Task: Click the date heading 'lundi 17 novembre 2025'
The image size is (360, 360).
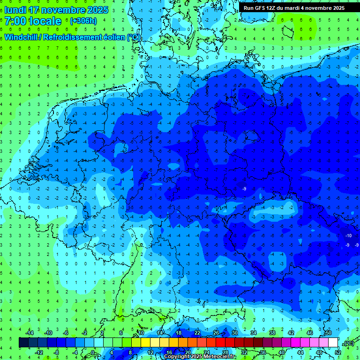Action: [x=56, y=10]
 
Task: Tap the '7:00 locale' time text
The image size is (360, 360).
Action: [x=33, y=21]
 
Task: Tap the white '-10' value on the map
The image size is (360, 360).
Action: [x=348, y=235]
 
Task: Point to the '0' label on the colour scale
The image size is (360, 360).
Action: [x=93, y=352]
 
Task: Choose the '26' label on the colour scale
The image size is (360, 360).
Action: [x=216, y=333]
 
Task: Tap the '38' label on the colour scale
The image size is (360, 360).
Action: [x=272, y=333]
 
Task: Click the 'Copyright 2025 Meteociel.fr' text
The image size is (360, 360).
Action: [x=200, y=357]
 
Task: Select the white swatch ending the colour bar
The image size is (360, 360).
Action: [x=333, y=343]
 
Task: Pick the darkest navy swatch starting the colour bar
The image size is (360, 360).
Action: [x=23, y=343]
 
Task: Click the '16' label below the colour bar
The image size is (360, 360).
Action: [x=169, y=352]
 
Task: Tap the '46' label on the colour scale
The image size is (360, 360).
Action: [x=310, y=333]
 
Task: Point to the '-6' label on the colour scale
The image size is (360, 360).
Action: [x=67, y=333]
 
